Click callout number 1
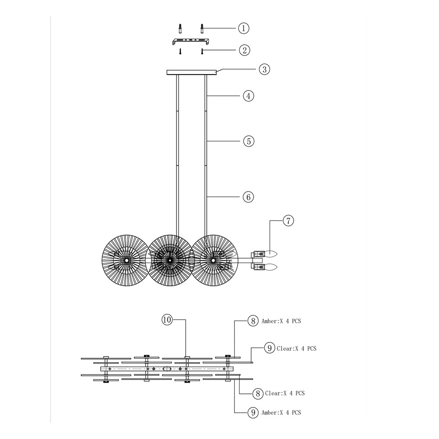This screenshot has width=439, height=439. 244,28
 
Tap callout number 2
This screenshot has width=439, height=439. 245,50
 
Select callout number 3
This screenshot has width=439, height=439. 265,69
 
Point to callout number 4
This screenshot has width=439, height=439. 248,96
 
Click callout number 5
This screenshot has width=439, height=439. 249,141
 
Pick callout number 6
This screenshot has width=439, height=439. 248,197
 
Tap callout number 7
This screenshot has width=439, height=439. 288,221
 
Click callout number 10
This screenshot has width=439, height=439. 167,320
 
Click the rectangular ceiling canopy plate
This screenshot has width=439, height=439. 191,72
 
